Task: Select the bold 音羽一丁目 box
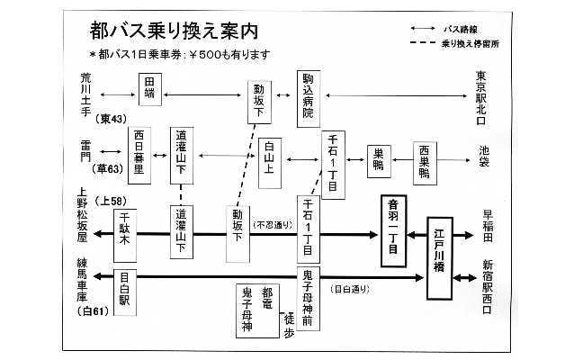click(392, 229)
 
